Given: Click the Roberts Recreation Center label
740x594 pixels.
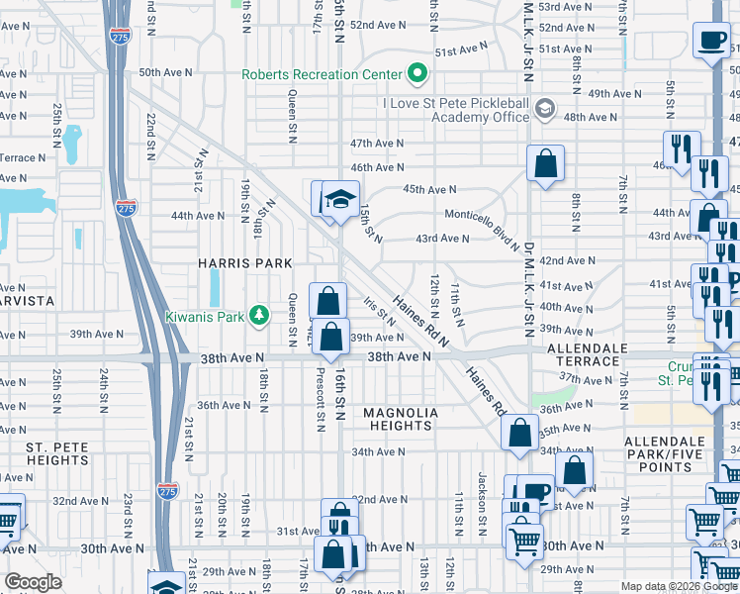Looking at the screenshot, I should pyautogui.click(x=323, y=74).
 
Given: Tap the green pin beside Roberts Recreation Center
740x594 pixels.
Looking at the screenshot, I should pyautogui.click(x=417, y=73).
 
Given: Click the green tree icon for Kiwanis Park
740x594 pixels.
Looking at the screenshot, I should pyautogui.click(x=259, y=315).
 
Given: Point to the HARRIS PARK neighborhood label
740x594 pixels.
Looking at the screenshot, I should pyautogui.click(x=244, y=263).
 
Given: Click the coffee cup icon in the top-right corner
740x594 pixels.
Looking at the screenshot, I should pyautogui.click(x=712, y=41).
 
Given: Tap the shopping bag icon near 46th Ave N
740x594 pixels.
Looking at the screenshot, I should pyautogui.click(x=545, y=163).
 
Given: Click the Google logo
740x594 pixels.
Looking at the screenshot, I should pyautogui.click(x=34, y=582).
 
